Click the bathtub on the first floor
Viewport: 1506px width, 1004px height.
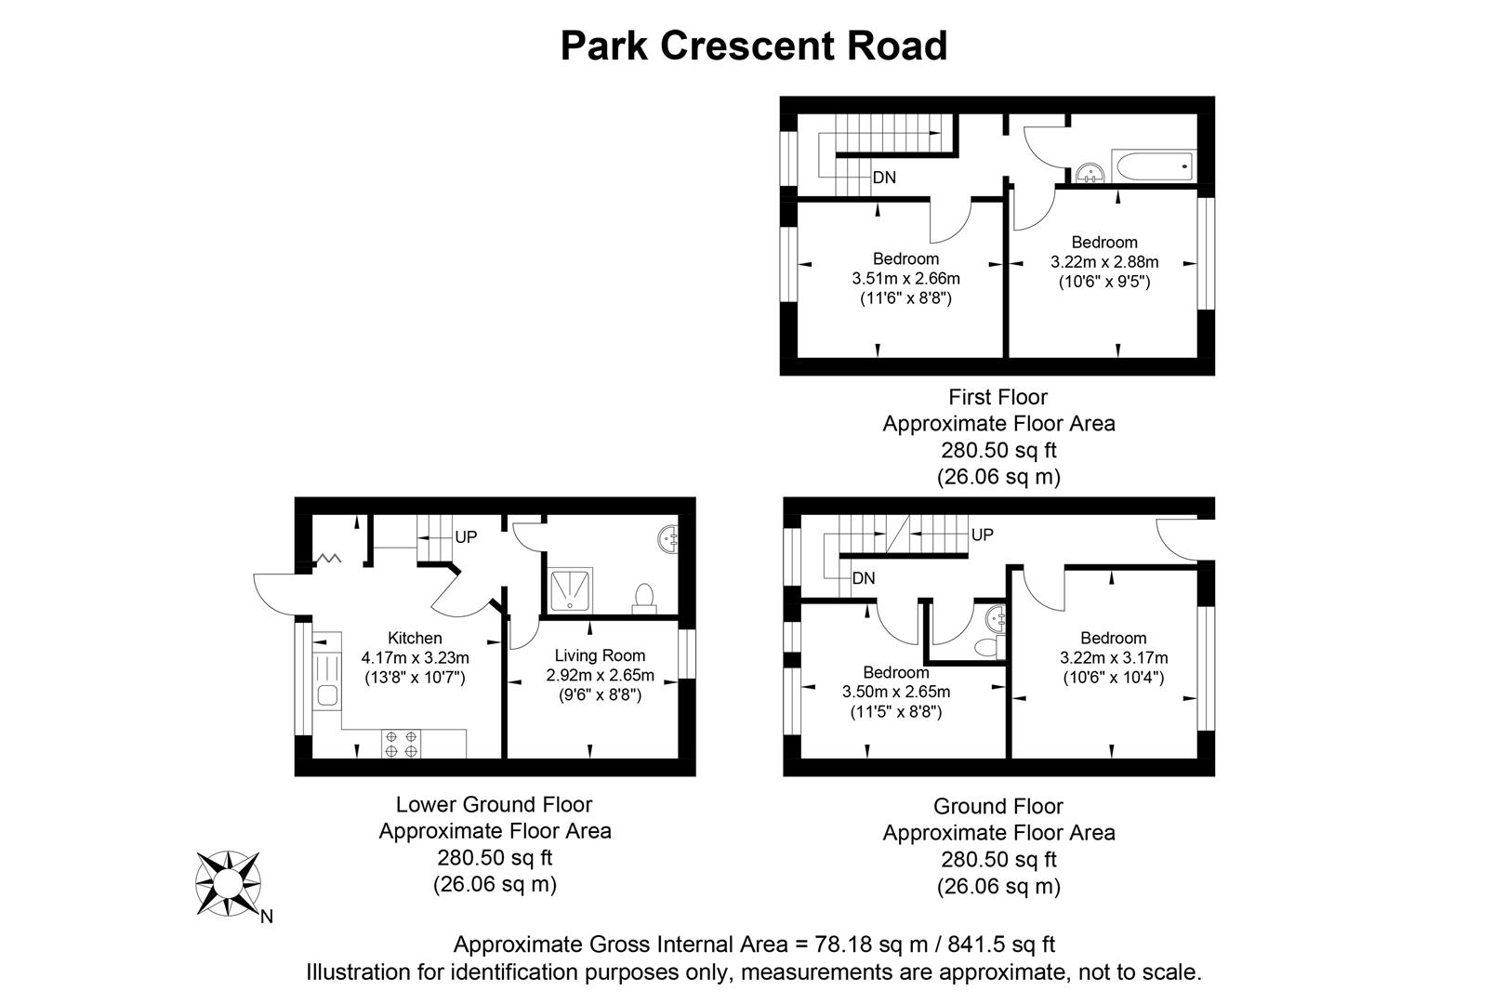coord(1154,167)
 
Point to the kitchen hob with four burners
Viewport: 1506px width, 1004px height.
coord(402,743)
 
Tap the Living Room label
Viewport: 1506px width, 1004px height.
coord(600,655)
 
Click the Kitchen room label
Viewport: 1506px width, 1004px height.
coord(415,638)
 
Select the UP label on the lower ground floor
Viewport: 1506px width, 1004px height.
coord(466,537)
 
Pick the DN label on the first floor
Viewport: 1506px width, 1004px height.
coord(884,178)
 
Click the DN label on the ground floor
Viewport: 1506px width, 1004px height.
coord(864,578)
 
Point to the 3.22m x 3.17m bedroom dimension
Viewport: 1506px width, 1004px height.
coord(1114,658)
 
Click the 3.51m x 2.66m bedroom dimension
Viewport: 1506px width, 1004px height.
coord(905,278)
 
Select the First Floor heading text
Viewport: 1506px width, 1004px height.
coord(997,397)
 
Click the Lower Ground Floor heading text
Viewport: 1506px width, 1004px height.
coord(494,804)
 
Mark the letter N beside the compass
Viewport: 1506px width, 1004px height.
coord(267,918)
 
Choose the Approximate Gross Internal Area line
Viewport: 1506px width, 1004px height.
coord(754,945)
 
